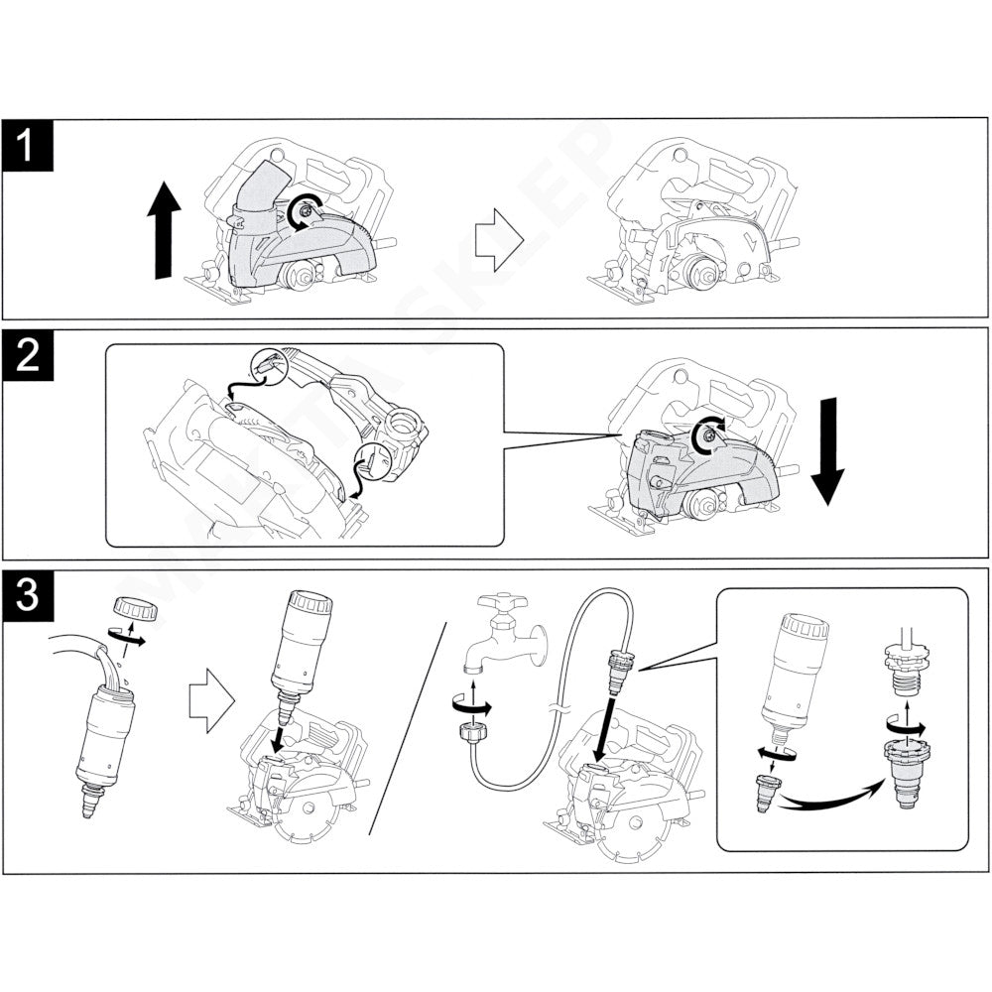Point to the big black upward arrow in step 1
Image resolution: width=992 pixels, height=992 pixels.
click(x=165, y=233)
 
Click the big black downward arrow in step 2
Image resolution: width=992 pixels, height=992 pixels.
click(x=826, y=452)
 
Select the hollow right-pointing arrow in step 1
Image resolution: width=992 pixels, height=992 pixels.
click(x=499, y=241)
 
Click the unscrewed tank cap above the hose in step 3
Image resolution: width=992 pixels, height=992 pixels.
click(x=127, y=607)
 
